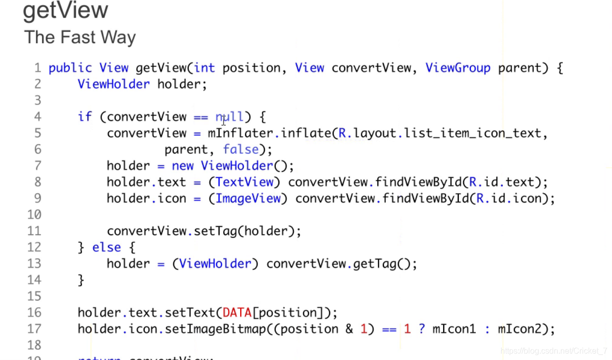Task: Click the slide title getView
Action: pos(65,11)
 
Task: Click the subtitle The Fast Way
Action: pos(80,37)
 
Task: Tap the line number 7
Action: pos(38,166)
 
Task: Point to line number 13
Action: pos(34,263)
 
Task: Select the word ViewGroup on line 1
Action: pos(458,68)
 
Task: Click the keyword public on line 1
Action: pos(70,68)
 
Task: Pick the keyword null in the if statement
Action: pos(230,117)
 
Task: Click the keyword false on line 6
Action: pos(241,149)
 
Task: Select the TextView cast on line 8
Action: pos(245,182)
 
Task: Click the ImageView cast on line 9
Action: pos(248,199)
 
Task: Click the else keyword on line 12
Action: pos(107,247)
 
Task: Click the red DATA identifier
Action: pos(237,313)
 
